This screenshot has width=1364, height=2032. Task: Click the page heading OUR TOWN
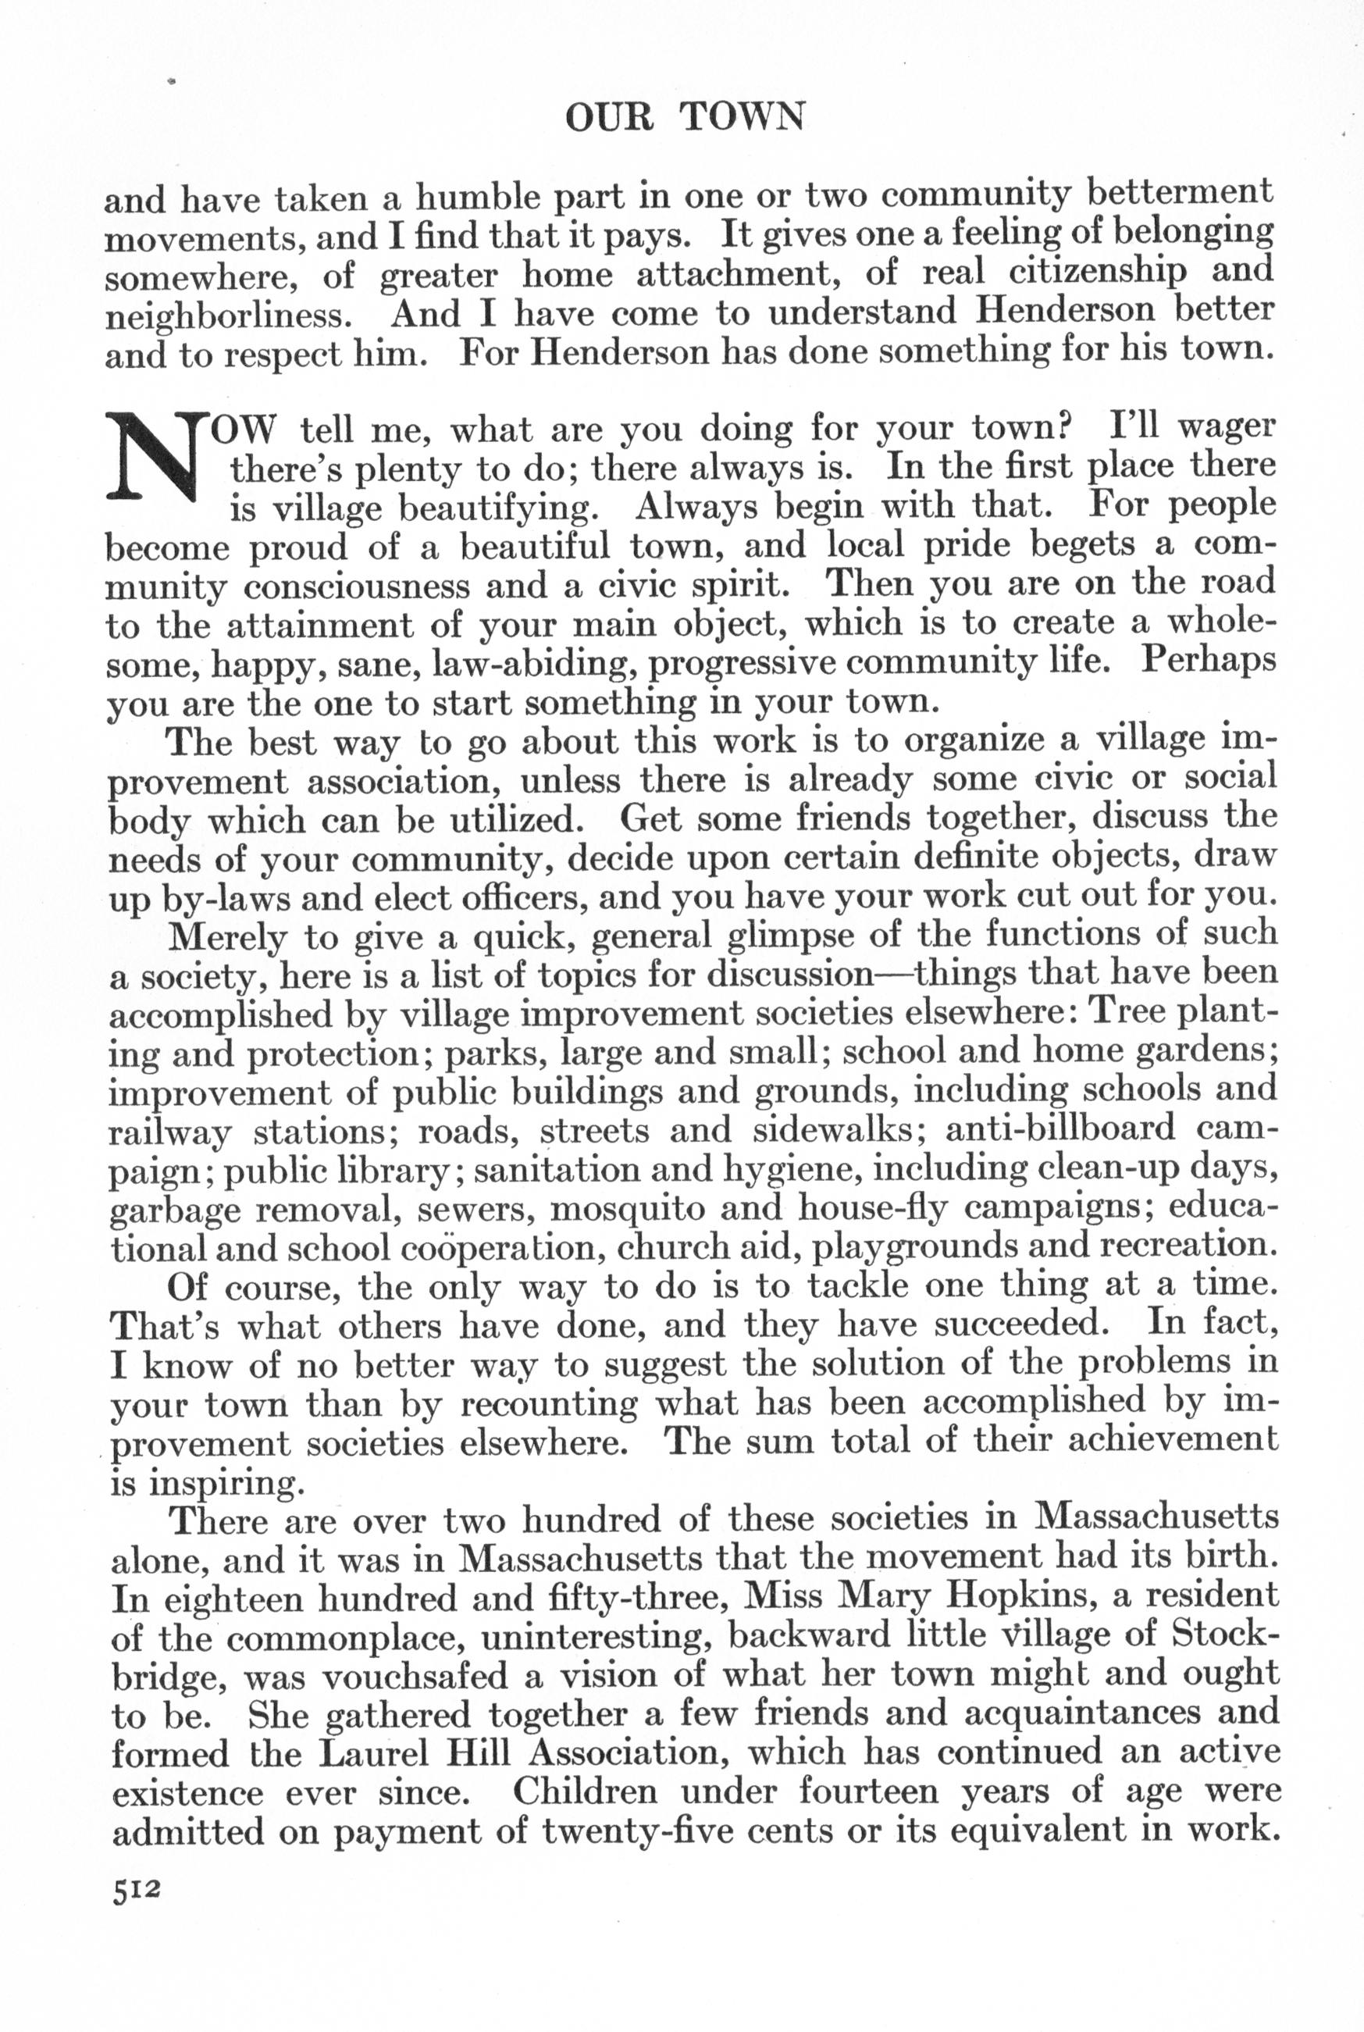point(685,116)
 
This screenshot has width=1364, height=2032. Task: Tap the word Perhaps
point(1209,659)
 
